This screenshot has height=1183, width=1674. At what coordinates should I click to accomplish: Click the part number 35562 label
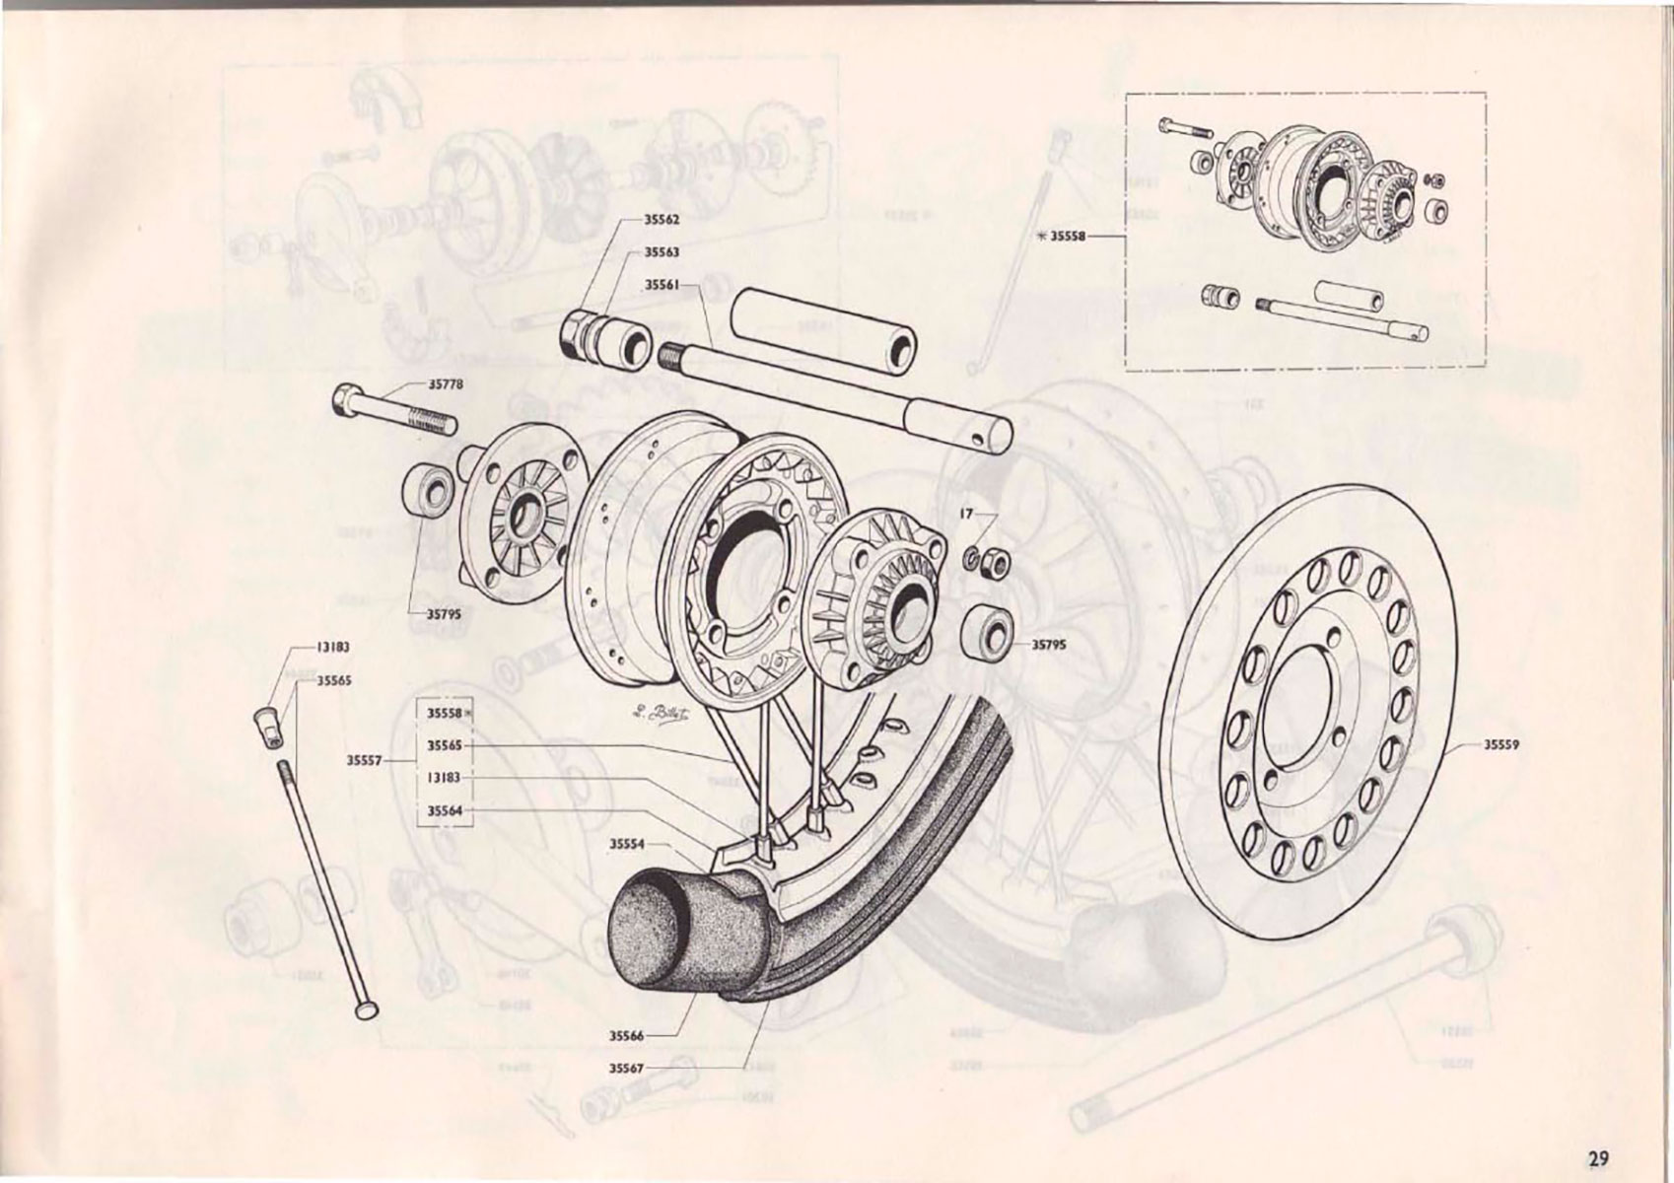pos(662,219)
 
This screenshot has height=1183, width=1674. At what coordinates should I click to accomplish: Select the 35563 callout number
pos(662,252)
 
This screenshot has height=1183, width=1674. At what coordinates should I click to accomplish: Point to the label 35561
pos(662,285)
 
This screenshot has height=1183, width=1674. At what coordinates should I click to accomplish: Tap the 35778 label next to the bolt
pos(445,385)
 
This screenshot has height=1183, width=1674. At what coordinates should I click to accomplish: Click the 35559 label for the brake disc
pos(1500,745)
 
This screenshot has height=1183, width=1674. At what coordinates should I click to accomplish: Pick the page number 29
pos(1598,1156)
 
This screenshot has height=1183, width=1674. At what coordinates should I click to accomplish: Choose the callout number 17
pos(966,515)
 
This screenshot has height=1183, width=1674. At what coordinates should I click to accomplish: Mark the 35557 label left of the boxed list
pos(364,760)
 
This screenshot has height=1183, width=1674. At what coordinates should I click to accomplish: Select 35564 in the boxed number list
pos(444,811)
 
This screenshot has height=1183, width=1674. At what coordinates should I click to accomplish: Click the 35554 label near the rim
pos(626,844)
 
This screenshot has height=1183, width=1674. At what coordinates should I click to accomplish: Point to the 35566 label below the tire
pos(626,1036)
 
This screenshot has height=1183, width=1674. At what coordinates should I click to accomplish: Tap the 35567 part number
pos(626,1068)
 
